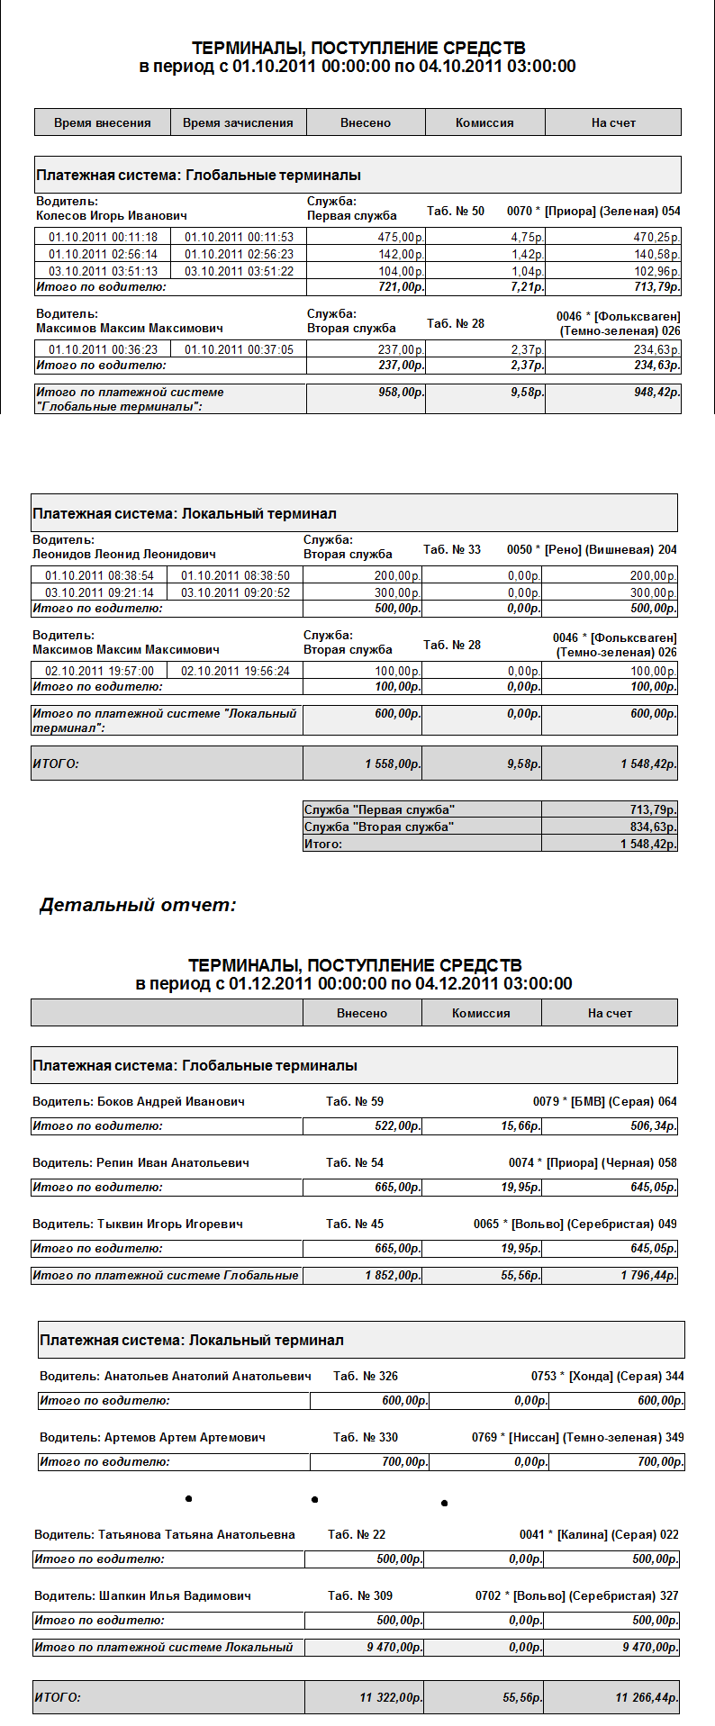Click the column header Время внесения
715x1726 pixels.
(103, 122)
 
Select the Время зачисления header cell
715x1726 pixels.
(238, 122)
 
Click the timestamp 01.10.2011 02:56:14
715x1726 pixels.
(103, 254)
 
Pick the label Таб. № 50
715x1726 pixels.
(456, 211)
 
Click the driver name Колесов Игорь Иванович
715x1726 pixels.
(112, 216)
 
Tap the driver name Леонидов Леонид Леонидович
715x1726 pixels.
(123, 555)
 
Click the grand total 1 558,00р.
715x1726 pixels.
(393, 764)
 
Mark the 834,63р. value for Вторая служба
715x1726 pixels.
(654, 827)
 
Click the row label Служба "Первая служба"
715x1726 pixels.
(379, 809)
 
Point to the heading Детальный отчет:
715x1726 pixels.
(138, 905)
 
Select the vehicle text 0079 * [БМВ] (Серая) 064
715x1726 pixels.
(604, 1101)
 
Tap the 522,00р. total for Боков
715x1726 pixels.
(398, 1125)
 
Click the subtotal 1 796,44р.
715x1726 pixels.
(649, 1275)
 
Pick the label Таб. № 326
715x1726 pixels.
(366, 1376)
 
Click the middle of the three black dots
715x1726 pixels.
(314, 1499)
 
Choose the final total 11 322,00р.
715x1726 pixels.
(391, 1697)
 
